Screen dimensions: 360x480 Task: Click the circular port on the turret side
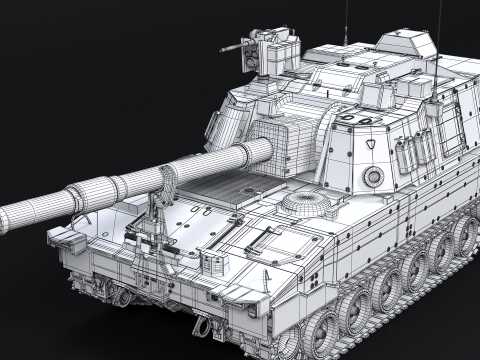(x=373, y=177)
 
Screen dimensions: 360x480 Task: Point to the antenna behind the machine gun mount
(x=346, y=20)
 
